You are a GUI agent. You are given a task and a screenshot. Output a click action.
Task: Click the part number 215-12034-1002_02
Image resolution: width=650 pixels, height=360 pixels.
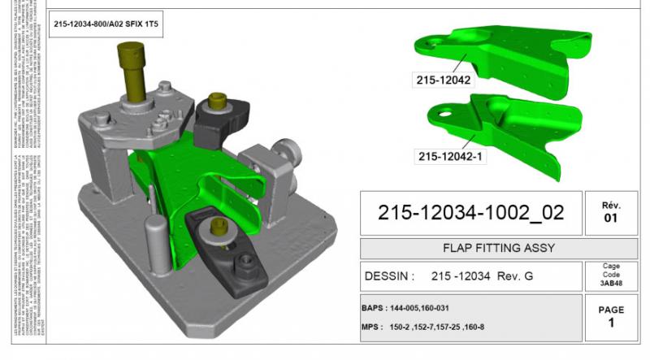coord(470,213)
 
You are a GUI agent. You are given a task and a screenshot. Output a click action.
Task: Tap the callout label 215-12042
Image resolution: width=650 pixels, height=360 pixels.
coord(444,80)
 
